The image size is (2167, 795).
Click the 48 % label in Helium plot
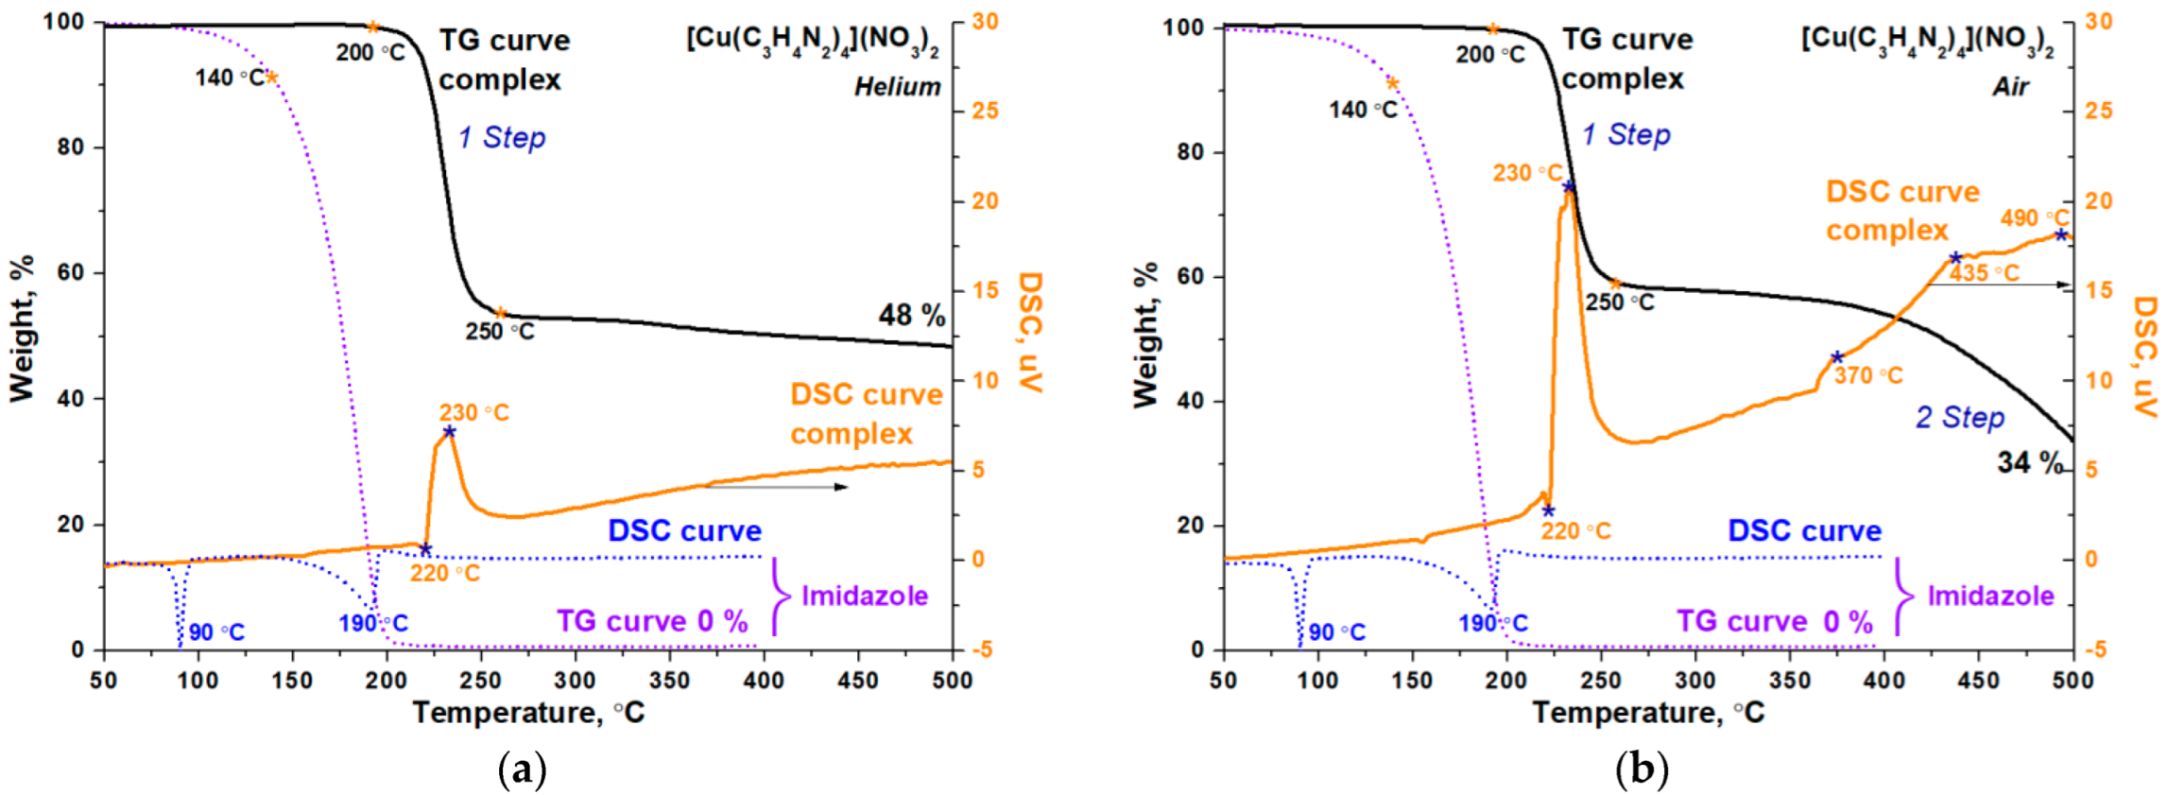tap(911, 315)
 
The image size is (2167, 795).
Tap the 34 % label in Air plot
tap(2029, 462)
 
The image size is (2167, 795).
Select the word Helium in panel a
tap(897, 87)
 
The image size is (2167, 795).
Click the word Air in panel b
tap(2010, 87)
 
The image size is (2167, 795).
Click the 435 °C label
tap(1985, 273)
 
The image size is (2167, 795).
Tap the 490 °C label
tap(2034, 217)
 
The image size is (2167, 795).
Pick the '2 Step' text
tap(1959, 417)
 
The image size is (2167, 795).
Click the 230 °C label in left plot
tap(473, 413)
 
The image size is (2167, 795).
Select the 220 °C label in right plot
tap(1575, 531)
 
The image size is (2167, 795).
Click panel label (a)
tap(522, 769)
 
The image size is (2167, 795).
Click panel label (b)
tap(1642, 769)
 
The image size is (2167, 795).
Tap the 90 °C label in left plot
tap(216, 632)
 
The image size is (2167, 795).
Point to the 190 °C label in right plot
tap(1492, 624)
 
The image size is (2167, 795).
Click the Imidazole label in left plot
tap(864, 596)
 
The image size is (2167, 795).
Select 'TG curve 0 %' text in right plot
tap(1774, 621)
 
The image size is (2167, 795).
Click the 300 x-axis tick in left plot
tap(575, 680)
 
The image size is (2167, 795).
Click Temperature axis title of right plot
tap(1647, 712)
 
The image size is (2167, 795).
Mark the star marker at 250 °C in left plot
tap(501, 313)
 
